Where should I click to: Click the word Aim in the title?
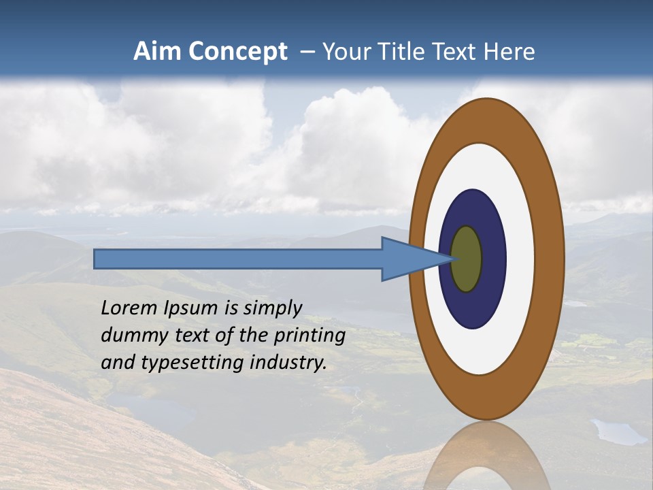(x=158, y=52)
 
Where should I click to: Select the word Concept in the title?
(x=239, y=52)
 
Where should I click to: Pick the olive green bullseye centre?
(x=467, y=259)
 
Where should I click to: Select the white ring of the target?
(x=520, y=259)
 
